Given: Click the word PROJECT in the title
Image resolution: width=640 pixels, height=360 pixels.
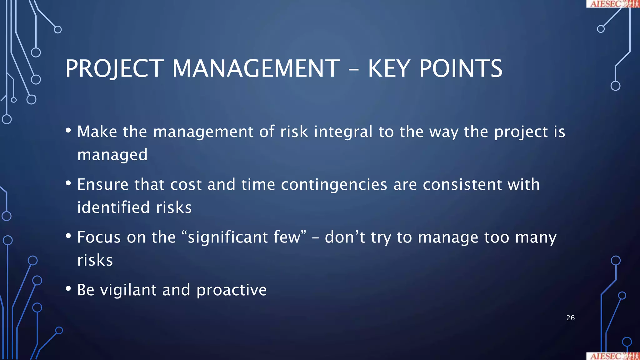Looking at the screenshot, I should pos(114,69).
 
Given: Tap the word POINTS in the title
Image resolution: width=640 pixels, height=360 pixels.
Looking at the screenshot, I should pos(461,69).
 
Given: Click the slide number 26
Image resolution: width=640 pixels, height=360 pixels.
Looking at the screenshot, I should pos(570,318).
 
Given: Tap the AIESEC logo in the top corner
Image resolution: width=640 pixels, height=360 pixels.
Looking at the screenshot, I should pos(612,4).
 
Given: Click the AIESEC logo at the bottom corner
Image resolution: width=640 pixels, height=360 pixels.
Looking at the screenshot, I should pos(612,356).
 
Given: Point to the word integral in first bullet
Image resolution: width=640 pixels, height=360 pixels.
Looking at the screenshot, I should pos(343,132).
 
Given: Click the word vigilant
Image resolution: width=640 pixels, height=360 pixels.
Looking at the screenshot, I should pos(128,290).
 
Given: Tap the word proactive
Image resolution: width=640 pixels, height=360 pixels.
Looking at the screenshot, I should pos(232,290).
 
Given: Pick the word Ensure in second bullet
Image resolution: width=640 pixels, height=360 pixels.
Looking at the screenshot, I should pos(102,184).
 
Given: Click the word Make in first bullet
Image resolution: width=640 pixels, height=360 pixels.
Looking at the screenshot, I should pos(97,132).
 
